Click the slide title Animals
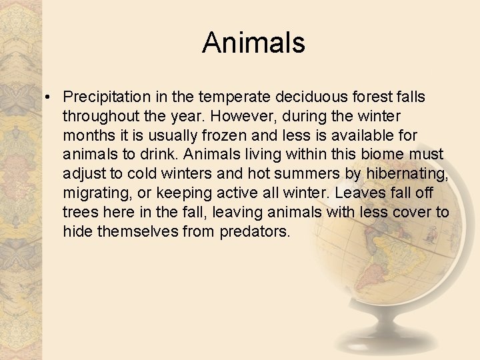click(253, 43)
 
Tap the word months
click(87, 136)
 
